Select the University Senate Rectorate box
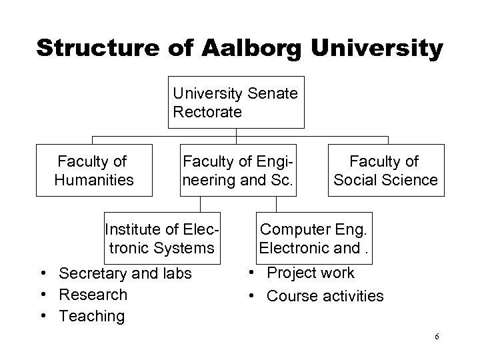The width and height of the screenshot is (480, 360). pyautogui.click(x=236, y=103)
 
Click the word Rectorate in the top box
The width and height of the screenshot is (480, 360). pyautogui.click(x=207, y=112)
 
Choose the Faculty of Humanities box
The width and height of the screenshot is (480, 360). pyautogui.click(x=94, y=170)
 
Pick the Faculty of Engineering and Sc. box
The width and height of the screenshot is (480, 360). pyautogui.click(x=237, y=170)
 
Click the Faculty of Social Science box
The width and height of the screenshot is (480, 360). pyautogui.click(x=385, y=170)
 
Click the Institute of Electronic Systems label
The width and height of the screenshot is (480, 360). pyautogui.click(x=162, y=239)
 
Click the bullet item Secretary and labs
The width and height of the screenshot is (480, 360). pyautogui.click(x=125, y=273)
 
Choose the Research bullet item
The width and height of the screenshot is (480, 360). pyautogui.click(x=93, y=294)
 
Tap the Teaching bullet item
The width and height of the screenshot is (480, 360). pyautogui.click(x=91, y=315)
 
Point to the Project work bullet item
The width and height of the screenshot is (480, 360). pyautogui.click(x=311, y=273)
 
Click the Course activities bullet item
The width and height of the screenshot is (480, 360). pyautogui.click(x=325, y=295)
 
